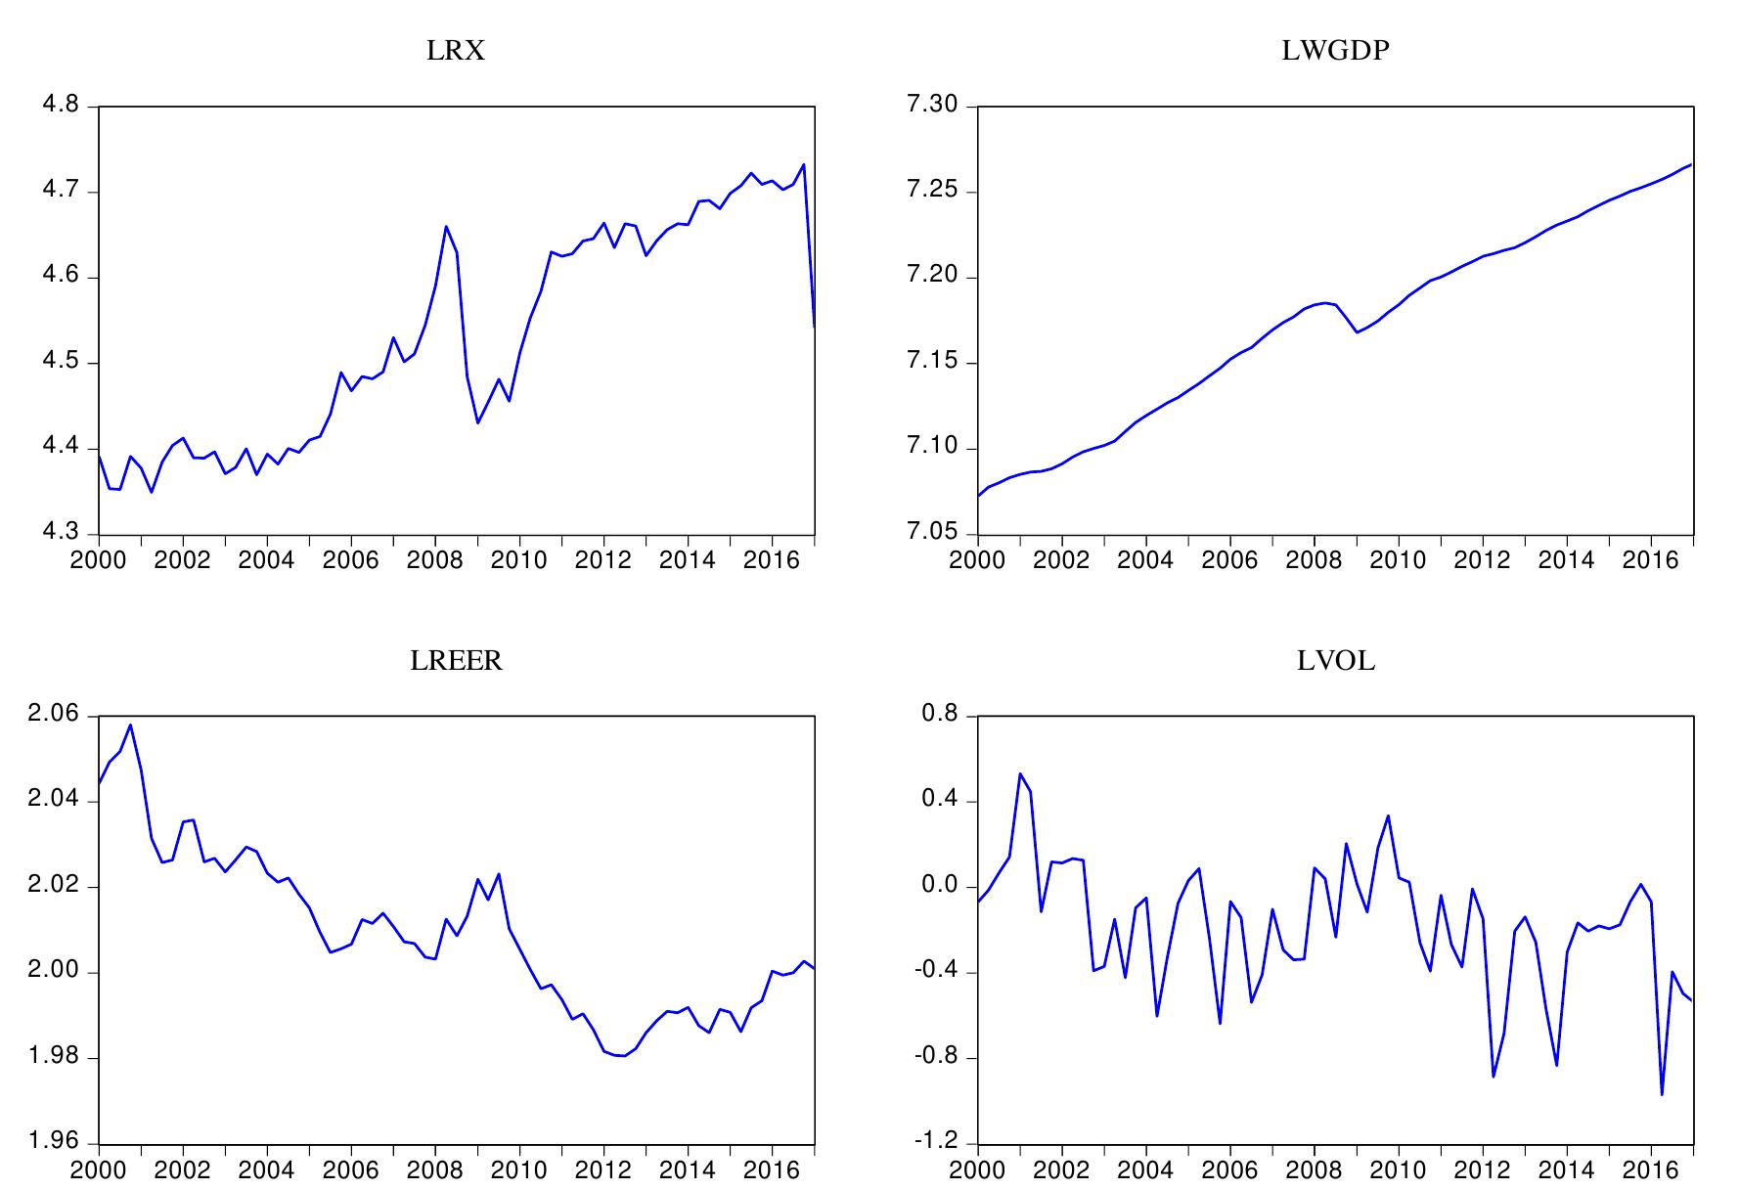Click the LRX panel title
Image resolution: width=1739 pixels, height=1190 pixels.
point(456,51)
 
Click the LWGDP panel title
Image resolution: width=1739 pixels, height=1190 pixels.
point(1335,51)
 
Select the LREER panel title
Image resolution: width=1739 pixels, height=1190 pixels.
point(456,662)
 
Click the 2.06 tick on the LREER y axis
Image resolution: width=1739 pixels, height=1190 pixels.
point(53,716)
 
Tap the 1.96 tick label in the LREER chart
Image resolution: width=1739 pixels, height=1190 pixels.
point(53,1143)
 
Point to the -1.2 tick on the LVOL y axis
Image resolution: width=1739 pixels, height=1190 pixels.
point(936,1143)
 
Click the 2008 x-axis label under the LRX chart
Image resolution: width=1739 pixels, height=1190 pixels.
point(435,561)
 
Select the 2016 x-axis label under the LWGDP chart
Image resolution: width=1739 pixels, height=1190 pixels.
point(1651,561)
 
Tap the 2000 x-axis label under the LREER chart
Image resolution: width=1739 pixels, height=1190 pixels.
point(99,1170)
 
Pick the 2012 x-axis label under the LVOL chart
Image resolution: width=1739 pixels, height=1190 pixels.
point(1483,1170)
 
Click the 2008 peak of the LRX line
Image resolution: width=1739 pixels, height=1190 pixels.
point(446,227)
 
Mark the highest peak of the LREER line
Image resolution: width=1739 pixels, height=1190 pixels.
point(130,725)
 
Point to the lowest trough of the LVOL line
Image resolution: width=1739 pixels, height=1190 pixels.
point(1662,1094)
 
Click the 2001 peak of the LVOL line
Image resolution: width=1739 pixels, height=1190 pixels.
point(1020,773)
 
